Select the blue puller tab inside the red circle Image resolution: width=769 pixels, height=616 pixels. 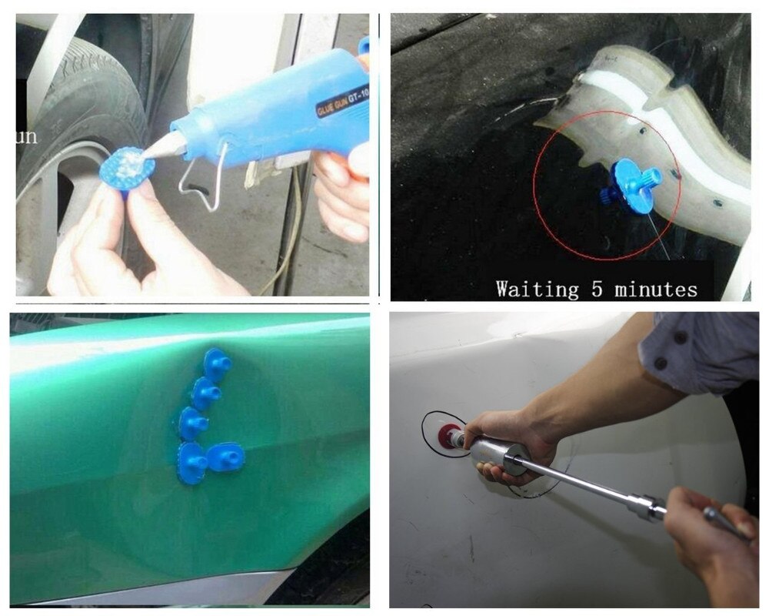pyautogui.click(x=629, y=187)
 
